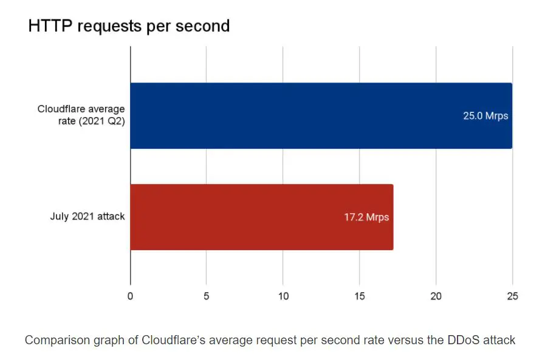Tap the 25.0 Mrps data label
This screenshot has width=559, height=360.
click(x=485, y=115)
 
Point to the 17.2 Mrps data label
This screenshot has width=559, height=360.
click(x=366, y=217)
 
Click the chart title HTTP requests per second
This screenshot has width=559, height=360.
click(x=129, y=26)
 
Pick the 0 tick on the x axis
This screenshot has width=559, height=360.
click(x=130, y=296)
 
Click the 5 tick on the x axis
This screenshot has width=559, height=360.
click(x=207, y=296)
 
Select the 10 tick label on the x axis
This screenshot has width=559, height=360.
click(x=283, y=296)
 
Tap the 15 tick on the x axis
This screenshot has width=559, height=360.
click(x=360, y=296)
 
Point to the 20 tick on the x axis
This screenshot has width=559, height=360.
click(x=436, y=296)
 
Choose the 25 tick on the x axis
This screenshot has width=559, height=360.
click(x=512, y=296)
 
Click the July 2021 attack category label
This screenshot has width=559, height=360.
click(x=87, y=217)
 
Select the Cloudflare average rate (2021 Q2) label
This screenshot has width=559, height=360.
click(x=81, y=115)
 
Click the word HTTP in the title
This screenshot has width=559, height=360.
click(x=49, y=26)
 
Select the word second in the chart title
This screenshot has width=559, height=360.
click(x=204, y=26)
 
